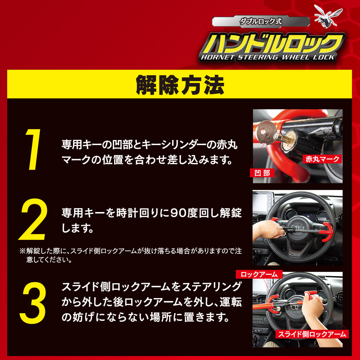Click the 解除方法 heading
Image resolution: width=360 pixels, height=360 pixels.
point(180,85)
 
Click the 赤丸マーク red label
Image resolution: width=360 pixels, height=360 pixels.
point(322,159)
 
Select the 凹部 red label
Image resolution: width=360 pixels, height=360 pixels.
point(261,173)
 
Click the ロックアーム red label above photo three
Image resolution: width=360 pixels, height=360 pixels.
point(259,274)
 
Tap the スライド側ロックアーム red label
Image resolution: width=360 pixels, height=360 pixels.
point(312,334)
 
